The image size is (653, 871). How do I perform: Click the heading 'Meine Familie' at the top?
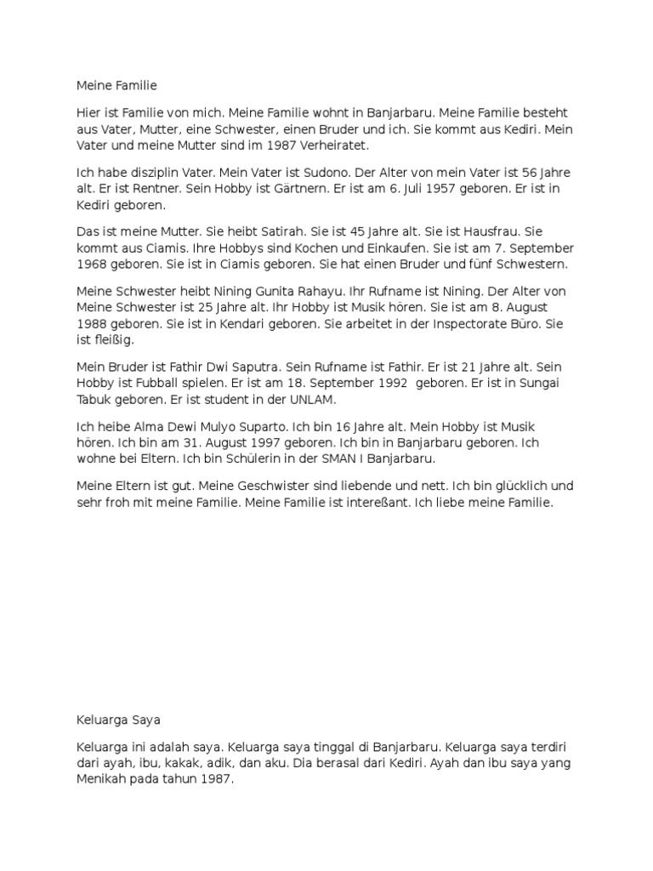(117, 85)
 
